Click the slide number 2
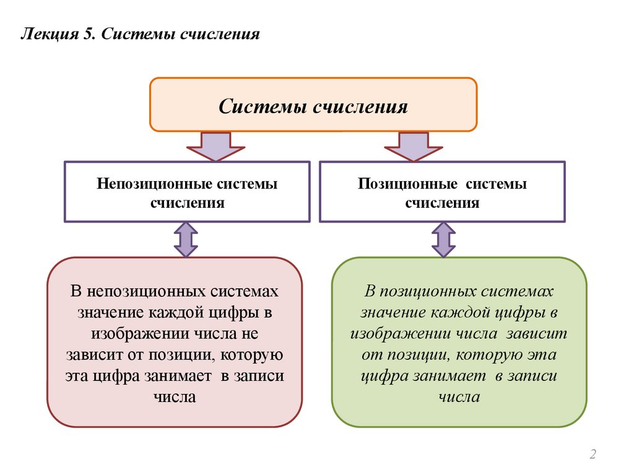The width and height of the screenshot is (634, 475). [593, 455]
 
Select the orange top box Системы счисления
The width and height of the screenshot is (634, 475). [313, 105]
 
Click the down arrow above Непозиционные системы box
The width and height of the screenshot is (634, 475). [217, 147]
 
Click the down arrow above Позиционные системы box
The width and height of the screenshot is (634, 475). [413, 147]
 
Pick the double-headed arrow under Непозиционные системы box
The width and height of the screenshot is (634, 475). [186, 240]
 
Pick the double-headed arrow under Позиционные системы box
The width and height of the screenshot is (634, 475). [443, 240]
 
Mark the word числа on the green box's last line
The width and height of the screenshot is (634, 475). [459, 397]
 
